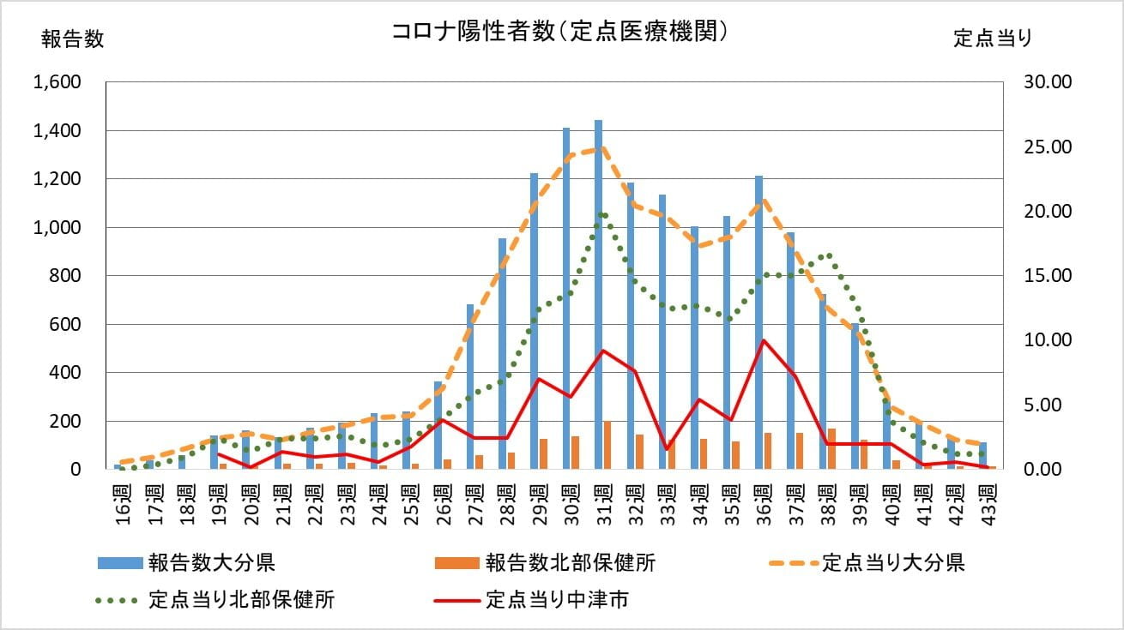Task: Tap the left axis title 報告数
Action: [72, 39]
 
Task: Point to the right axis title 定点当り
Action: [993, 39]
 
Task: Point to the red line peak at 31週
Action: [603, 351]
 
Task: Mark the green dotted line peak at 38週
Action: [827, 255]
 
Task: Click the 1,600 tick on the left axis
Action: [57, 82]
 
